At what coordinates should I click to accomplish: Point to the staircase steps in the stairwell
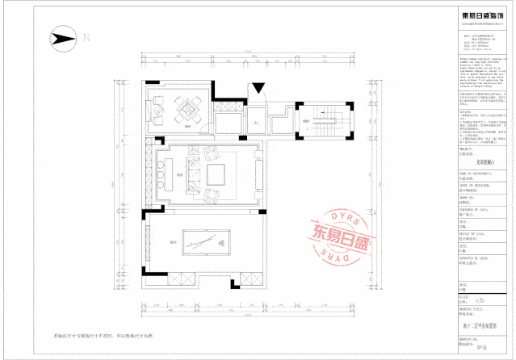pyautogui.click(x=326, y=122)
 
